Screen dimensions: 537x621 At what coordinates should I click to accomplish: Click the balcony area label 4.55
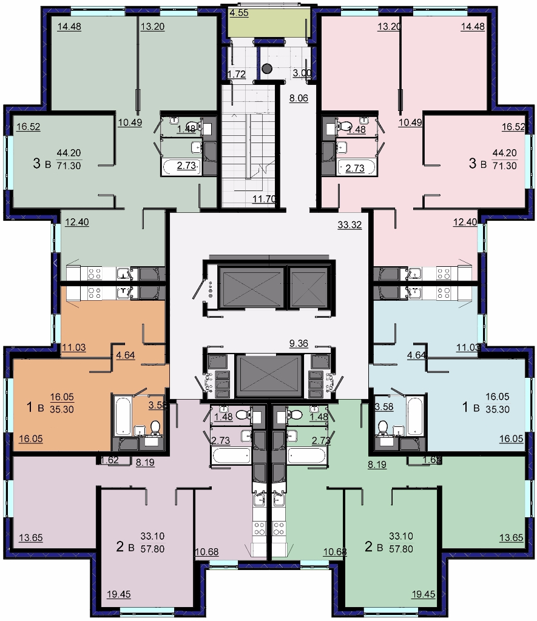[x=239, y=13]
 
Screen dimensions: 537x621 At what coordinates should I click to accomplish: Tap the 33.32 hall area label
[x=350, y=225]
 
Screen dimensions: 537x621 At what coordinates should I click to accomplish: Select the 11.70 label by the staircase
[x=264, y=199]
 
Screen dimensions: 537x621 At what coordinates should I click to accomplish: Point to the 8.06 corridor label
[x=299, y=98]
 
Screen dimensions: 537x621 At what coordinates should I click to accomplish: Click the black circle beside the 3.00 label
[x=267, y=69]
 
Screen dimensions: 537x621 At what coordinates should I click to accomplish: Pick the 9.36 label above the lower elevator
[x=299, y=343]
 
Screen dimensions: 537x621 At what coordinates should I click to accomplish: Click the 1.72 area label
[x=237, y=74]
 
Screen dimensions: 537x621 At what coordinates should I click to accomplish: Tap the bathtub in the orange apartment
[x=122, y=415]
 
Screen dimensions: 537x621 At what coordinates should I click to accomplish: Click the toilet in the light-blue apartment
[x=383, y=428]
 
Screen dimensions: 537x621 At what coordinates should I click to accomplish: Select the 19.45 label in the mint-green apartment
[x=424, y=594]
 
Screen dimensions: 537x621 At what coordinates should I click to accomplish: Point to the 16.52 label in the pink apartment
[x=513, y=127]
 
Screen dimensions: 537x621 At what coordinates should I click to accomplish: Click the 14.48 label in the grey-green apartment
[x=69, y=27]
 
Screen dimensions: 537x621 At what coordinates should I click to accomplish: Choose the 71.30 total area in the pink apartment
[x=504, y=166]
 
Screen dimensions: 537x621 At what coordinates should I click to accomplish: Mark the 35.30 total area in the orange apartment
[x=62, y=409]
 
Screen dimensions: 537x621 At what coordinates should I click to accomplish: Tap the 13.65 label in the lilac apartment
[x=31, y=538]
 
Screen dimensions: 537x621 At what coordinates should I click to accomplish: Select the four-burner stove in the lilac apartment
[x=260, y=528]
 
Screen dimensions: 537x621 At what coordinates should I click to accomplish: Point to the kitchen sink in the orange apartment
[x=124, y=292]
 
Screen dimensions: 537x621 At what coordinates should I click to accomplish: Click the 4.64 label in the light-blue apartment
[x=416, y=355]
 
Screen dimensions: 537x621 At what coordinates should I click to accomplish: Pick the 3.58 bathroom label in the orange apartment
[x=158, y=405]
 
